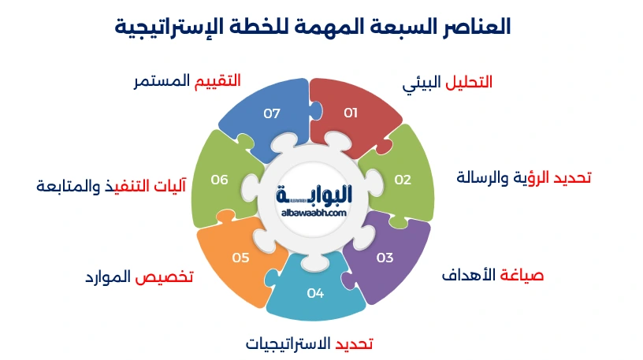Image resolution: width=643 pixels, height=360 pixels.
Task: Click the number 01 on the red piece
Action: point(351,113)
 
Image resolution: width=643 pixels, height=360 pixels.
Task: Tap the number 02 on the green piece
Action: point(403,180)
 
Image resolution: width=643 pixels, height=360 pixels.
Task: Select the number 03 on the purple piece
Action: point(385,258)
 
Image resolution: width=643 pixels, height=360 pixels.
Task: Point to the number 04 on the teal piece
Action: point(315,293)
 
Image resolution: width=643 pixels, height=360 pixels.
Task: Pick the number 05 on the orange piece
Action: point(241,258)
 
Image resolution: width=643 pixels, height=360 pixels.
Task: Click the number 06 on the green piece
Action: point(219,180)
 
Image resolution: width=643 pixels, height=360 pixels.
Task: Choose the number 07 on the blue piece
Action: point(272,113)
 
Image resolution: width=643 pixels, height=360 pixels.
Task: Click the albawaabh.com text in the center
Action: point(314,213)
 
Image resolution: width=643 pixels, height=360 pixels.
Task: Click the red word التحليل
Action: point(469,82)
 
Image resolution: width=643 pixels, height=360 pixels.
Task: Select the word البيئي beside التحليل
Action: point(421,84)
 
